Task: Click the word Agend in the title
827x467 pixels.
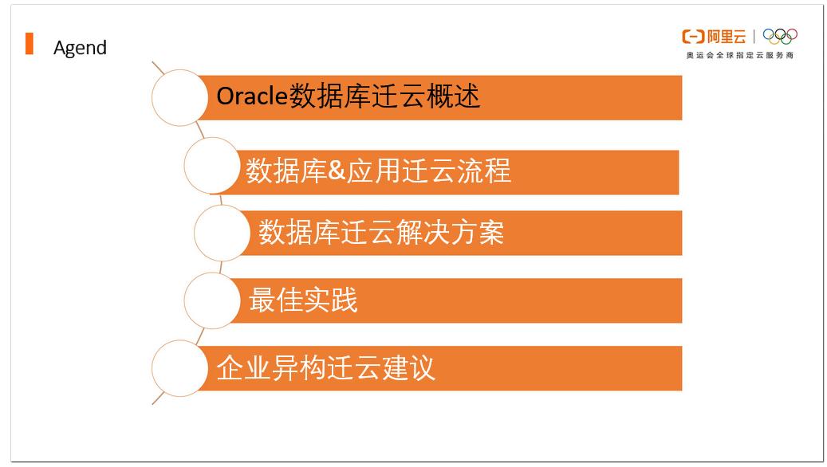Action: pos(80,48)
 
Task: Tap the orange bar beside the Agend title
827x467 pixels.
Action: pos(30,44)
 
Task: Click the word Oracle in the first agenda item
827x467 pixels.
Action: pos(251,96)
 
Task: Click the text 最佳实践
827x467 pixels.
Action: pos(303,300)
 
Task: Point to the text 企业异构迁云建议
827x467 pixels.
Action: pos(325,368)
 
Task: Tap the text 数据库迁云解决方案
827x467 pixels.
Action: pos(380,233)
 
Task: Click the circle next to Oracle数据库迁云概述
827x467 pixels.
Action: pos(180,97)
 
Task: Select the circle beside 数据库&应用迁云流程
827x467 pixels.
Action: pos(212,165)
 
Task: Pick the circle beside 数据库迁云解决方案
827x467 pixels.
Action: pos(223,233)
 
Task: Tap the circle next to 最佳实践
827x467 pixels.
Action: pos(212,300)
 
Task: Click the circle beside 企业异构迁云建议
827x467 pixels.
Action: pos(180,368)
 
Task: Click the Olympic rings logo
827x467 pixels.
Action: pos(780,37)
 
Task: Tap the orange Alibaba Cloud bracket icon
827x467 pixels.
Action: pos(691,37)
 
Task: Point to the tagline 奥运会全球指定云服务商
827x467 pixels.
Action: pos(739,56)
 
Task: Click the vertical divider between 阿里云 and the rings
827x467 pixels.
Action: pos(754,37)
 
